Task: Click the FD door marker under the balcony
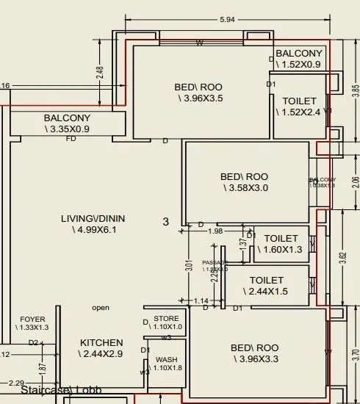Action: pyautogui.click(x=71, y=138)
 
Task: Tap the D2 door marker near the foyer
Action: pyautogui.click(x=33, y=342)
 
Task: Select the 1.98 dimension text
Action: pyautogui.click(x=215, y=232)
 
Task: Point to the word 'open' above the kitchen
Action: pyautogui.click(x=101, y=308)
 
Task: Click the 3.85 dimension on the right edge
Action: pyautogui.click(x=356, y=91)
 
